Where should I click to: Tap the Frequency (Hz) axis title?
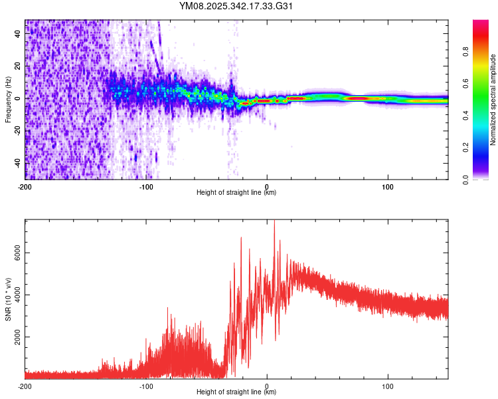click(8, 99)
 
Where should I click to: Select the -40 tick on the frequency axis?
click(19, 163)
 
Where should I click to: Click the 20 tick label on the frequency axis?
click(19, 66)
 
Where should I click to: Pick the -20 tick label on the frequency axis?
click(19, 131)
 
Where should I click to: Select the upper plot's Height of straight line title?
click(236, 194)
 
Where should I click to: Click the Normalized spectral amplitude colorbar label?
click(493, 100)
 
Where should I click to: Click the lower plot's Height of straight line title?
click(236, 393)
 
